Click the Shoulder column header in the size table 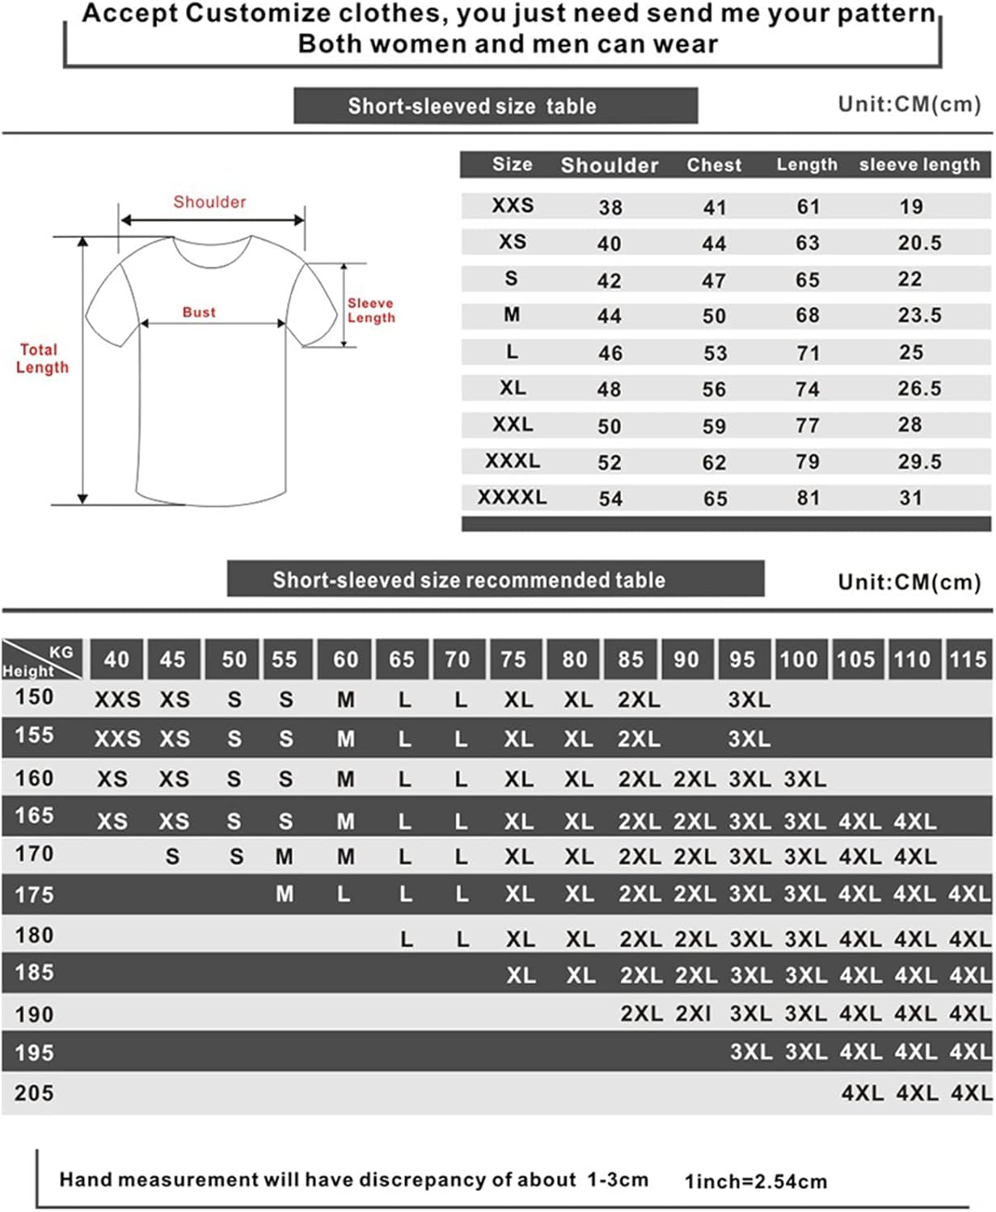coord(609,166)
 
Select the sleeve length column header coord(919,165)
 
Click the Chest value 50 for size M coord(714,316)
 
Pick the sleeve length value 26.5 coord(919,389)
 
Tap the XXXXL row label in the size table coord(512,497)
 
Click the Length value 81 coord(808,498)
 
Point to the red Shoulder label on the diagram coord(209,202)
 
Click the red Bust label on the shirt coord(199,312)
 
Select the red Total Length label coord(42,359)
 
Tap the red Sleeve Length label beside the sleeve coord(371,310)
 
